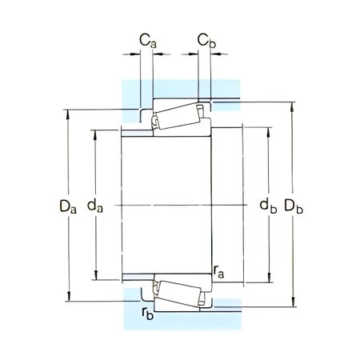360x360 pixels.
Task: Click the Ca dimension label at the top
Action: click(x=147, y=38)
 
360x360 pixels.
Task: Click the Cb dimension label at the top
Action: click(x=206, y=38)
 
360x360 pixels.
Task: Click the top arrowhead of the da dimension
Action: click(x=96, y=131)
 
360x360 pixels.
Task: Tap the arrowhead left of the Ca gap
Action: click(x=137, y=54)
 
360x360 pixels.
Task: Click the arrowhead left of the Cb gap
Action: click(x=193, y=54)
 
